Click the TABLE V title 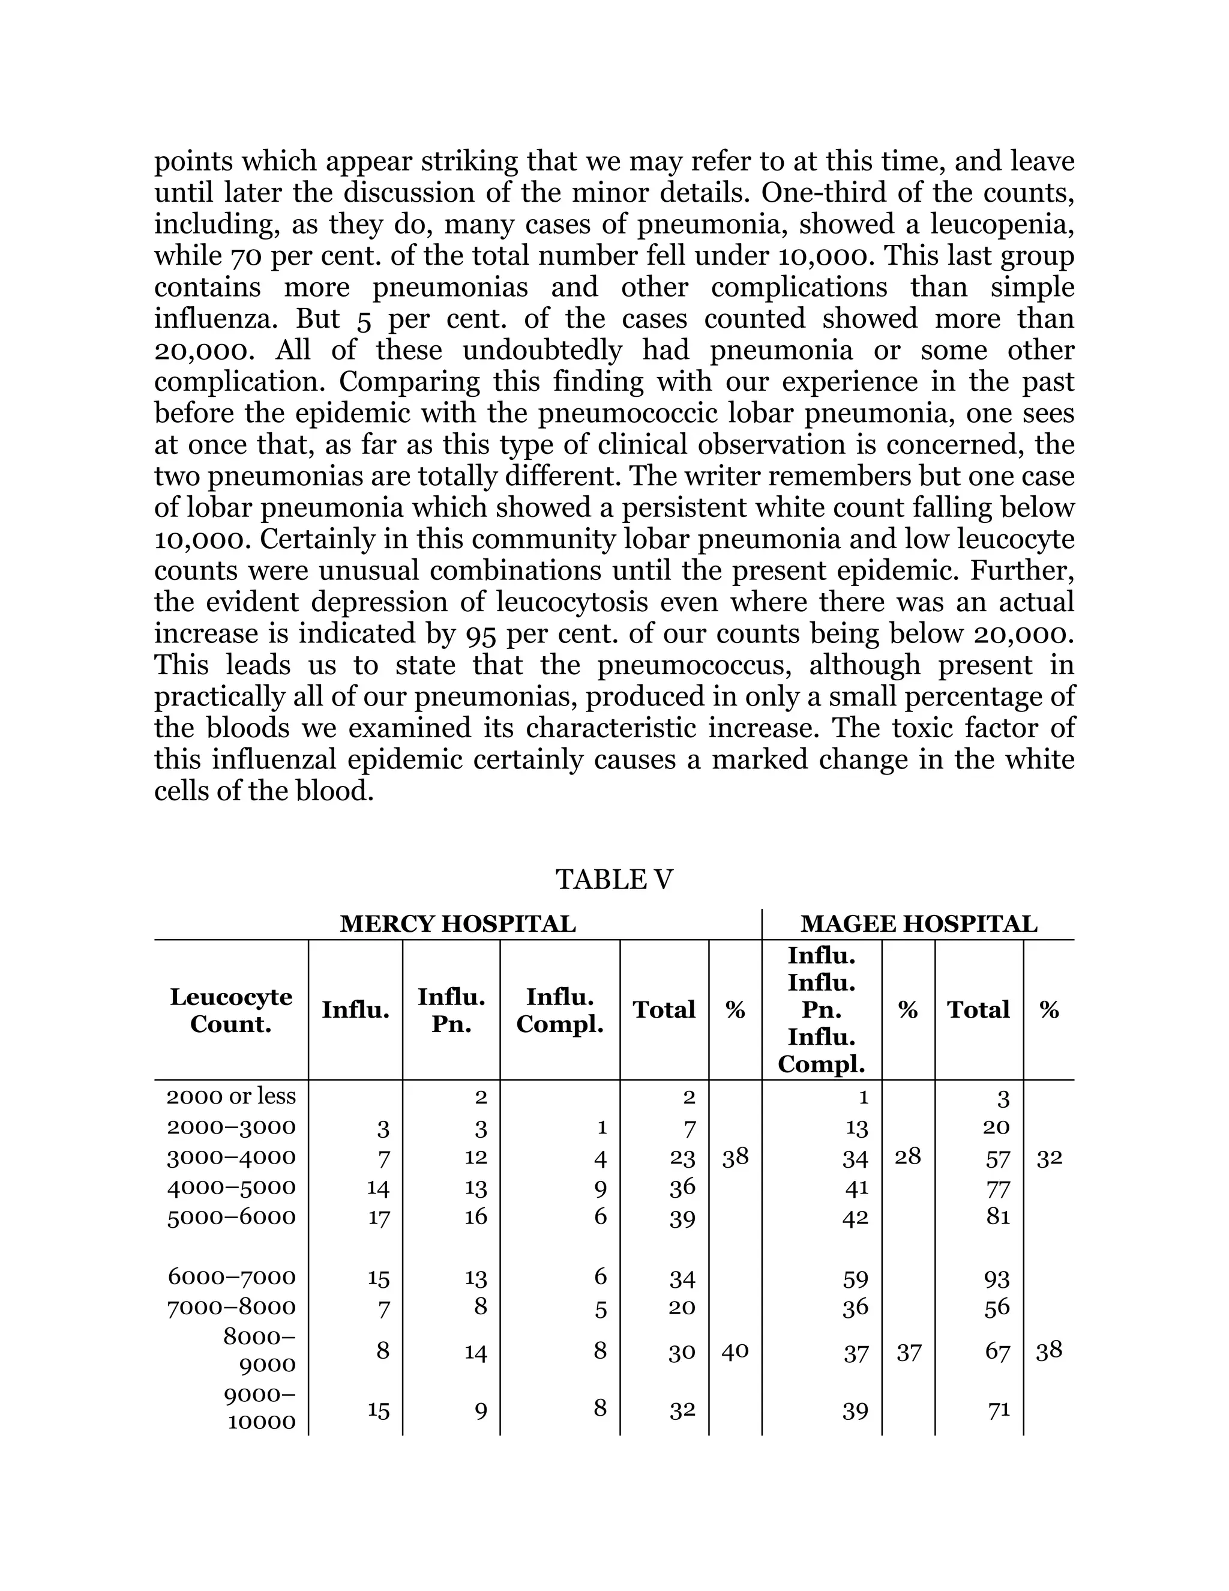(614, 880)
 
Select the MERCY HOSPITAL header (457, 924)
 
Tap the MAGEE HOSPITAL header (918, 924)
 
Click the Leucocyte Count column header (231, 1010)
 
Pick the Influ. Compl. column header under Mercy (560, 1010)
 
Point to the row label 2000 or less (231, 1096)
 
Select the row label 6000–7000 (232, 1276)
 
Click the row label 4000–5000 (232, 1187)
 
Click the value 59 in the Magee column (856, 1278)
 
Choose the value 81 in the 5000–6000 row (997, 1216)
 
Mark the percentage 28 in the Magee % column (907, 1157)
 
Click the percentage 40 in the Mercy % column (735, 1351)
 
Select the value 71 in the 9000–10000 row (998, 1410)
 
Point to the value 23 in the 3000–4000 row (682, 1158)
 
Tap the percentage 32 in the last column (1048, 1158)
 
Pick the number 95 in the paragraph (481, 634)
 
